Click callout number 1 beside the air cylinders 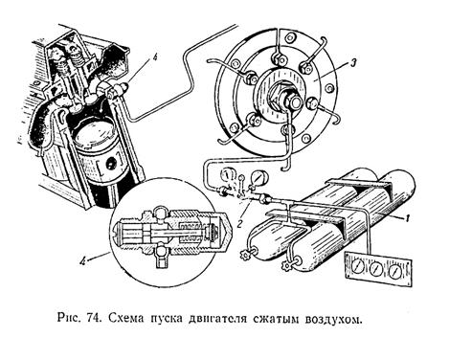coord(407,218)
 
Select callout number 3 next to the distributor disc coord(350,63)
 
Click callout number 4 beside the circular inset coord(82,261)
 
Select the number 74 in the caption coord(94,318)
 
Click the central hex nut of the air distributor coord(291,100)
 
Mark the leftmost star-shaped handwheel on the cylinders coord(244,255)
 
